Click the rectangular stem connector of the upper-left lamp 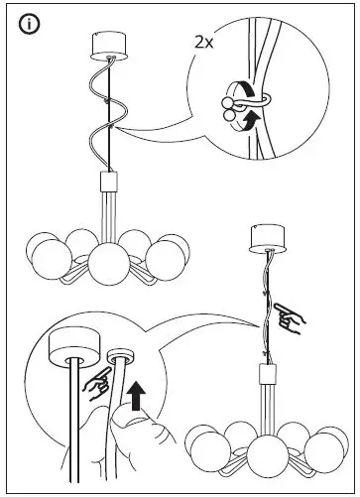pos(109,185)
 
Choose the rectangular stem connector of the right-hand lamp pos(267,374)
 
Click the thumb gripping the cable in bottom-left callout pos(130,428)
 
